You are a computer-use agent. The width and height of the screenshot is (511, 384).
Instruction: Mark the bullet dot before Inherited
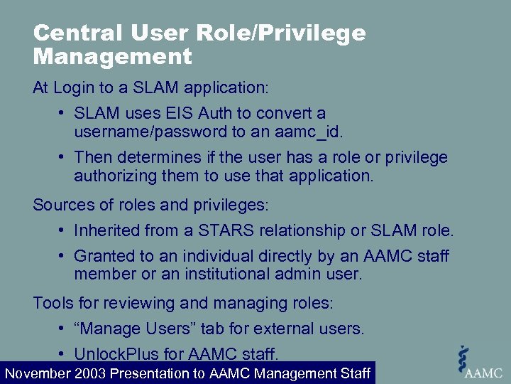coord(62,230)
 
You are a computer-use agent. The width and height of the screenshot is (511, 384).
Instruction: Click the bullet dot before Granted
coord(62,255)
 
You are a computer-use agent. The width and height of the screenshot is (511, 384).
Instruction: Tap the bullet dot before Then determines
coord(62,157)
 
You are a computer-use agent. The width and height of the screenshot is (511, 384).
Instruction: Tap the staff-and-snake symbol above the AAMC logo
coord(464,356)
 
